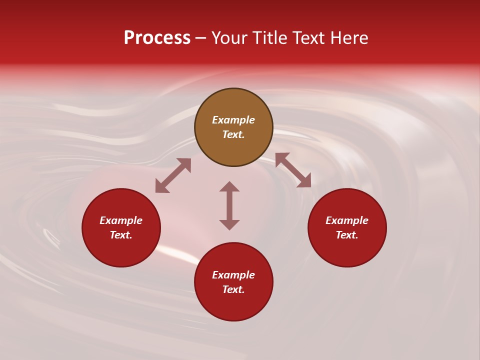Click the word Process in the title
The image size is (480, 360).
157,38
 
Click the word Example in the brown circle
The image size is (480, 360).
233,120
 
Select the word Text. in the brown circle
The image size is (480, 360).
233,134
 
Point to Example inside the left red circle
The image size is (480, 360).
121,220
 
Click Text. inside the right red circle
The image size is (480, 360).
347,235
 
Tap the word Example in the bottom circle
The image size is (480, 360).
233,275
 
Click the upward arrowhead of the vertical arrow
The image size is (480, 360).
229,186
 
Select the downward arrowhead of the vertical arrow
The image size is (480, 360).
229,224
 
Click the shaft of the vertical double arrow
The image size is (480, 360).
229,205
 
